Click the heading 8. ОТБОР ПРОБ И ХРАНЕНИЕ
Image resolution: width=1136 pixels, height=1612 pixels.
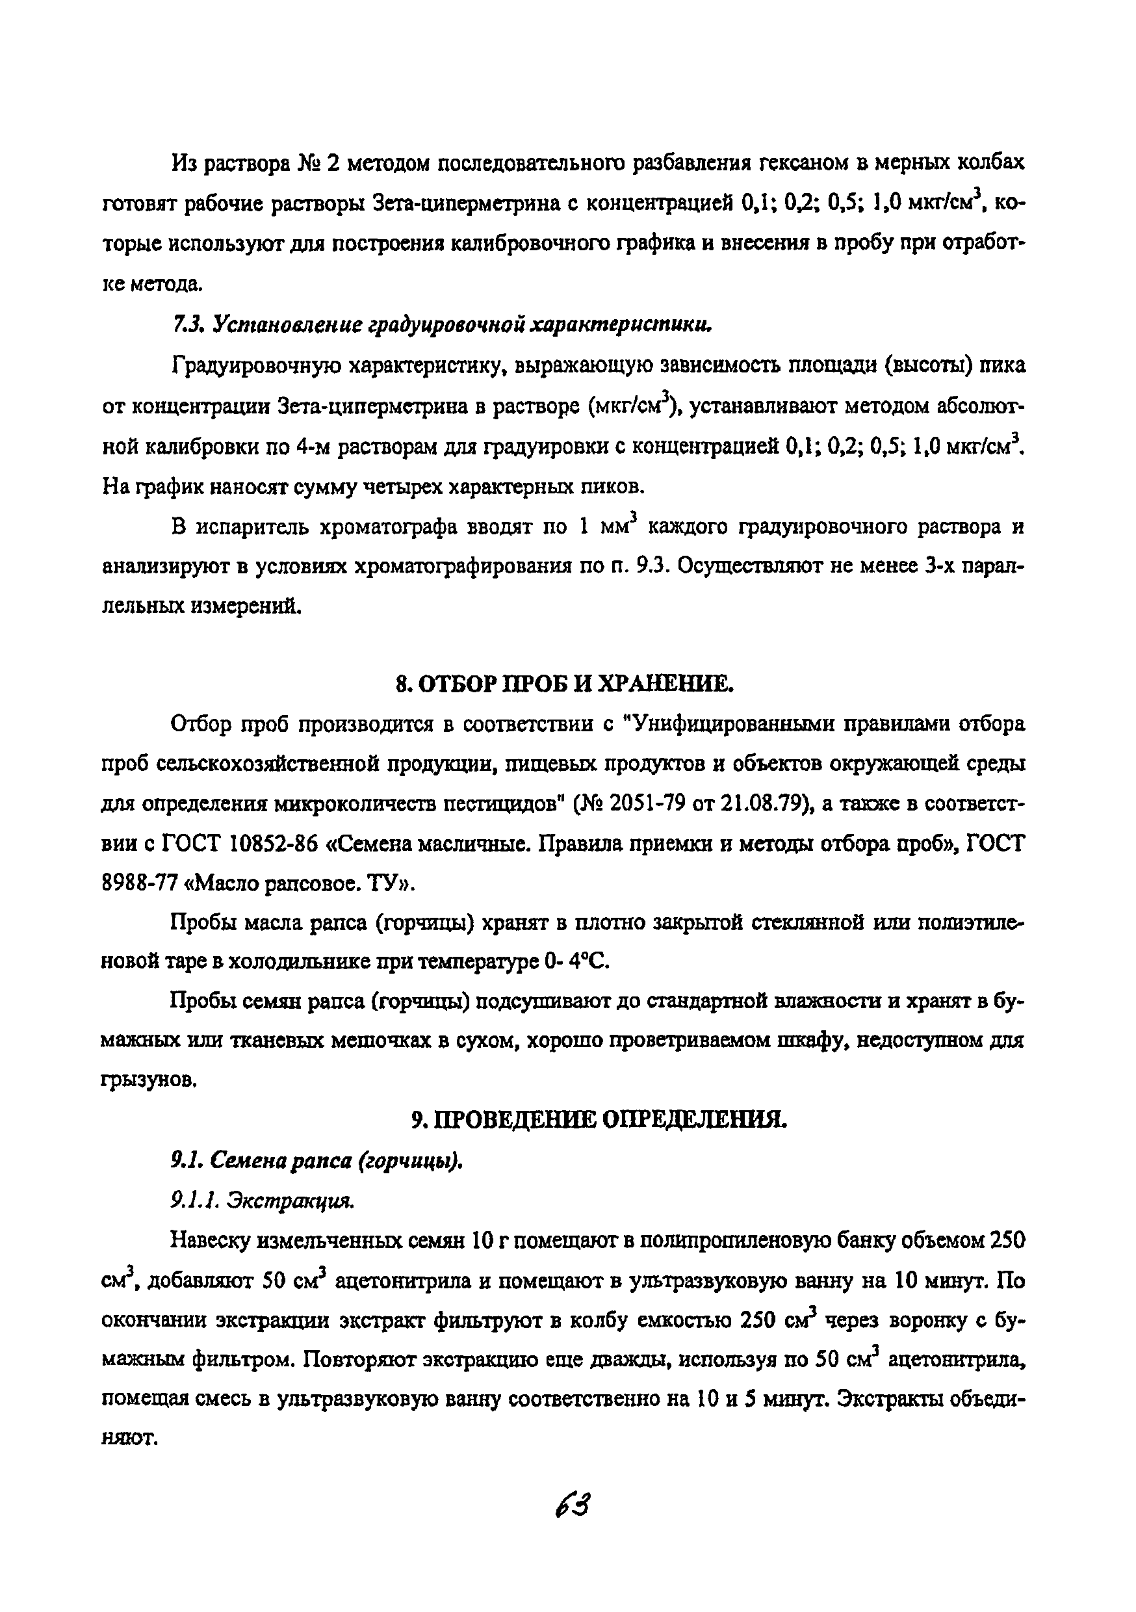pyautogui.click(x=565, y=683)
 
